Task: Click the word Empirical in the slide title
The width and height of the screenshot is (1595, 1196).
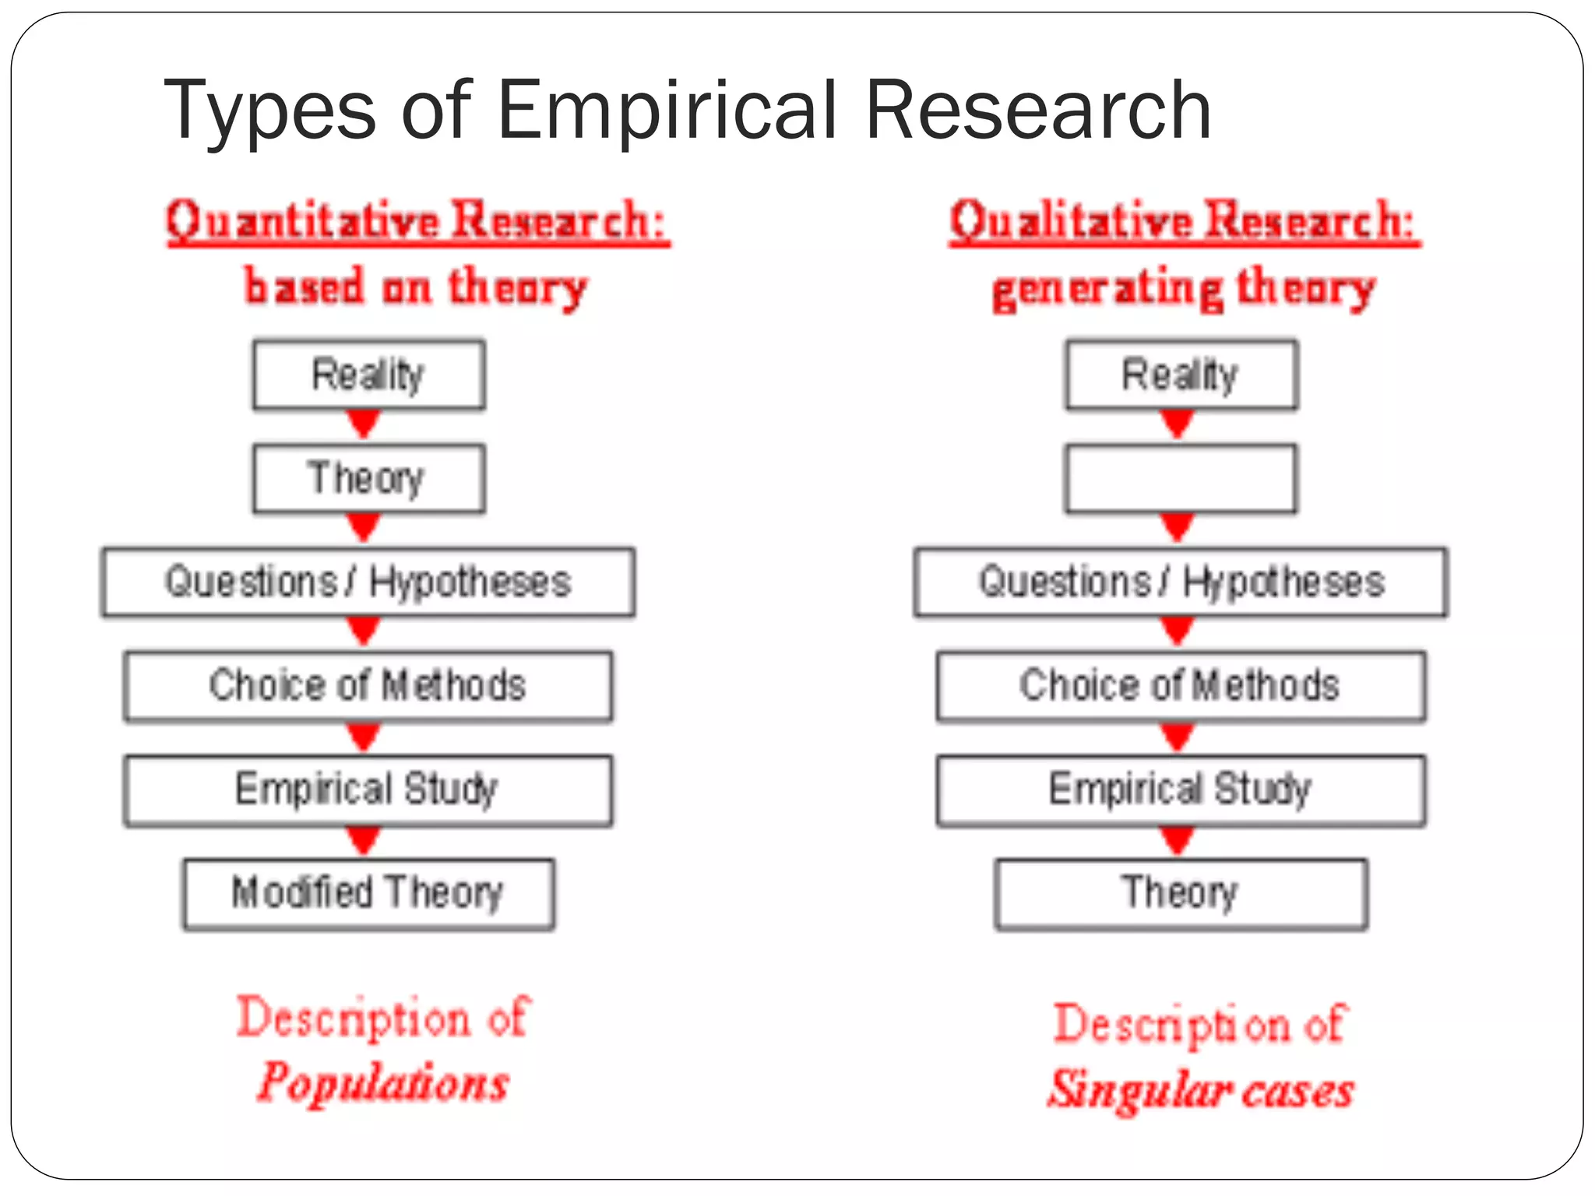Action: [x=667, y=110]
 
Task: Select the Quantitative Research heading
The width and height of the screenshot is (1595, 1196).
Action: [x=417, y=221]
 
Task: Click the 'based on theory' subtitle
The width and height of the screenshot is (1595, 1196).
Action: [x=415, y=287]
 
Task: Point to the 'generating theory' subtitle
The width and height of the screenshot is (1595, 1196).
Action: [x=1183, y=289]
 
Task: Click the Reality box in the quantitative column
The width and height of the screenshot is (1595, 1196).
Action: [x=368, y=375]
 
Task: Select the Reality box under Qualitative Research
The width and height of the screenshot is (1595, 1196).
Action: [x=1181, y=375]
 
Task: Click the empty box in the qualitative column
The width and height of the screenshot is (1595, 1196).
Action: [x=1181, y=478]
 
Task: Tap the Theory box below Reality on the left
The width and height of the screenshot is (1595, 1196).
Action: [x=368, y=478]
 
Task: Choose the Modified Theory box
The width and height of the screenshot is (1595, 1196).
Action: [x=368, y=893]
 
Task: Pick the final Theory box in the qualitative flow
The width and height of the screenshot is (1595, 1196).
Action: [x=1181, y=893]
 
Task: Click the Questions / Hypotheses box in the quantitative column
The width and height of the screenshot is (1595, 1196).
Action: [x=368, y=582]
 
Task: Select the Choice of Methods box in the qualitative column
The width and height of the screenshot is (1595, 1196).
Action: [x=1181, y=686]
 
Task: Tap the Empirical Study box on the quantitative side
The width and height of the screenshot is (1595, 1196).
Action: [x=368, y=790]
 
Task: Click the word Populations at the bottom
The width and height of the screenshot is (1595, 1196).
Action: [x=383, y=1082]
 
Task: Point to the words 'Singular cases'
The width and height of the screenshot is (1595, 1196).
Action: [x=1200, y=1089]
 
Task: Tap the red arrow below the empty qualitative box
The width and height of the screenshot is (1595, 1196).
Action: [x=1178, y=527]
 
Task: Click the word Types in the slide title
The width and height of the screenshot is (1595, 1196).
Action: [x=269, y=110]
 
